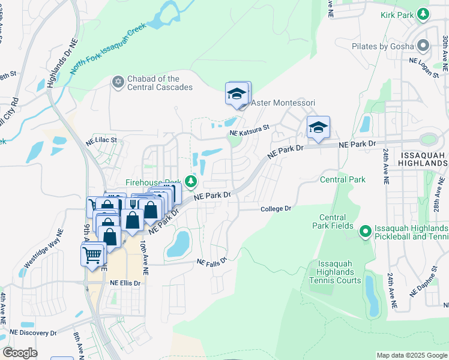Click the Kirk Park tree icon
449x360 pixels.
424,13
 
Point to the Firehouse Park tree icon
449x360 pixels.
191,181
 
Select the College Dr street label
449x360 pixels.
276,208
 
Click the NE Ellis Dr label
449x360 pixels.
125,283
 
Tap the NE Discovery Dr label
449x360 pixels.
33,332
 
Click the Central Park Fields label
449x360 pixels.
332,221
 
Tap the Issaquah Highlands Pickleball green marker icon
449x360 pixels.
365,232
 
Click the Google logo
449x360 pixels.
20,353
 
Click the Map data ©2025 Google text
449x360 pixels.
411,355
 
